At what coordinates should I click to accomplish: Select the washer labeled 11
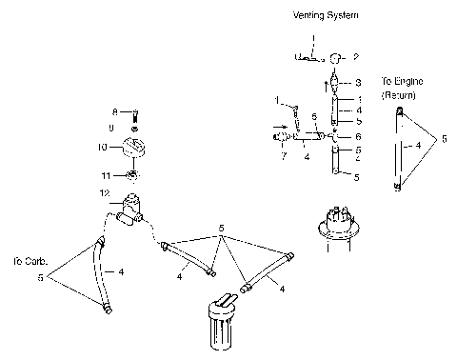pyautogui.click(x=131, y=175)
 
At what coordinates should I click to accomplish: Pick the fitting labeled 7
pyautogui.click(x=283, y=138)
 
